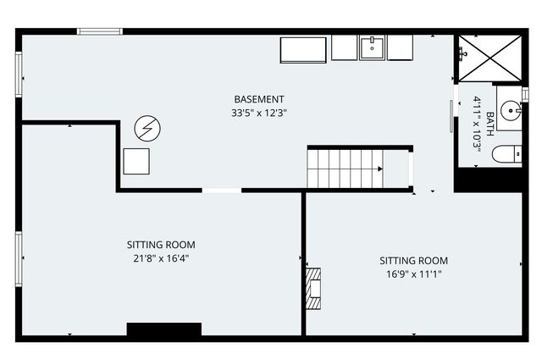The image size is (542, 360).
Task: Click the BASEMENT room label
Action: (x=259, y=99)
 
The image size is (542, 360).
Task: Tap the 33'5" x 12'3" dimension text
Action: (x=259, y=113)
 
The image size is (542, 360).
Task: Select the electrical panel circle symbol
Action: (x=147, y=128)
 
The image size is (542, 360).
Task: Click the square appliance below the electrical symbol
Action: (x=136, y=162)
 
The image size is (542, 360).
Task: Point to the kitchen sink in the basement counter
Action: (x=372, y=47)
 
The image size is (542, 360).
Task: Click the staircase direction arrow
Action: (x=380, y=169)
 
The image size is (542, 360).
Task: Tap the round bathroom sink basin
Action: (x=511, y=110)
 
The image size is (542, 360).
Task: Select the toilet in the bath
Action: (x=506, y=154)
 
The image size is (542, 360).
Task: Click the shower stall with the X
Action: (x=489, y=58)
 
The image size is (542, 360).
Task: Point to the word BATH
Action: (x=490, y=124)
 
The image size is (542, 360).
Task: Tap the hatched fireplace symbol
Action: (x=313, y=288)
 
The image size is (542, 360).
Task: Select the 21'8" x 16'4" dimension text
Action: (x=161, y=258)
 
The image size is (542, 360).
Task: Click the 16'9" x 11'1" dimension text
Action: (x=414, y=274)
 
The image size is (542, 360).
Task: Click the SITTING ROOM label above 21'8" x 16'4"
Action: (x=161, y=245)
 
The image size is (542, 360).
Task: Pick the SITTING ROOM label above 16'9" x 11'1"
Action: (x=414, y=260)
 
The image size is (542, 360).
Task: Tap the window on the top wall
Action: (x=100, y=31)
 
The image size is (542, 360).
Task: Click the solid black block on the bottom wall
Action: (x=164, y=330)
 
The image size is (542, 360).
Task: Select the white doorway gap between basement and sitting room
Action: (x=222, y=191)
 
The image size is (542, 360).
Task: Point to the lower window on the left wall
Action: (x=19, y=259)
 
